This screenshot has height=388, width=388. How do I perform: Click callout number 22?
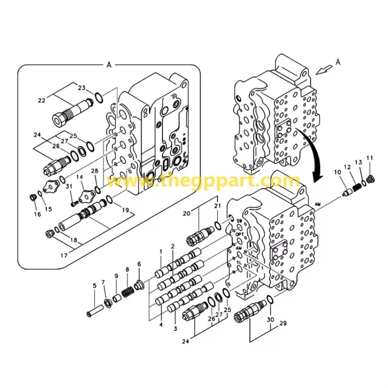click(42, 100)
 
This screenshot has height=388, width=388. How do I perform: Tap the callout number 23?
click(81, 88)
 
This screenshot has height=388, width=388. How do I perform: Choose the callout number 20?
click(186, 213)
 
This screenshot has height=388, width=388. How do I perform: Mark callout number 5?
click(95, 285)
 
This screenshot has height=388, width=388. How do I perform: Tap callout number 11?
click(370, 158)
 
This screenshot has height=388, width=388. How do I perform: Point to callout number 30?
click(270, 320)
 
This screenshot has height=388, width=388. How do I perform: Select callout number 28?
click(95, 171)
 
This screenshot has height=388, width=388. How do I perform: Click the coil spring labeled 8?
click(128, 292)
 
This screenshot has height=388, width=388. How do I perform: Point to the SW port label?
click(239, 221)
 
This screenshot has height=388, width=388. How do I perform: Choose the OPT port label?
click(239, 234)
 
